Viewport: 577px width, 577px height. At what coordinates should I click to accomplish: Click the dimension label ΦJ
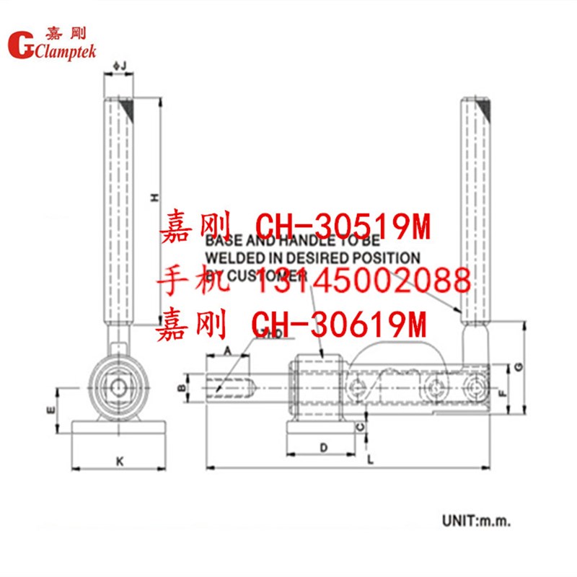coord(120,67)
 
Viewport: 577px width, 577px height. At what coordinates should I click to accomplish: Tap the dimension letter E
coord(50,409)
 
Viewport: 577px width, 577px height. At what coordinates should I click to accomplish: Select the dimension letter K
coord(120,459)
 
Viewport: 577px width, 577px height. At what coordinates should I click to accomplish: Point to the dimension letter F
coord(502,393)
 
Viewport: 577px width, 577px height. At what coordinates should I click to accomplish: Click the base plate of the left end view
coord(120,426)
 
